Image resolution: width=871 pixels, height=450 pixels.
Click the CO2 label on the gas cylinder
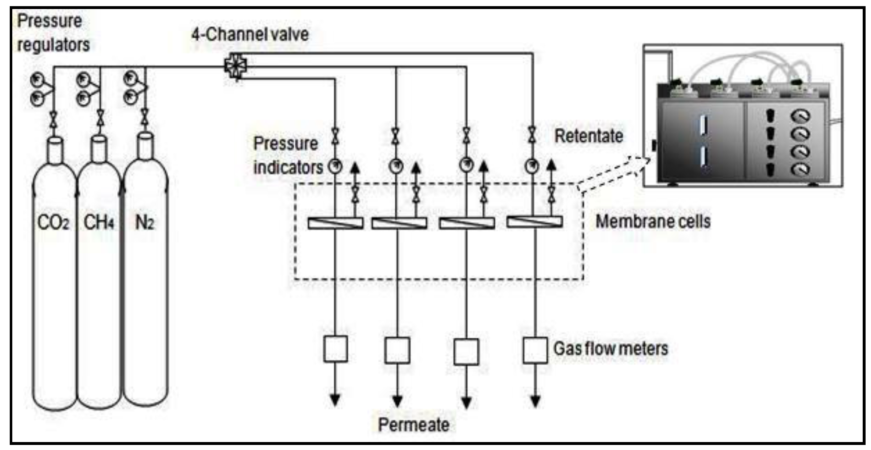click(53, 222)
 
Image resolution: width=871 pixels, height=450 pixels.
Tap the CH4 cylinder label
click(99, 222)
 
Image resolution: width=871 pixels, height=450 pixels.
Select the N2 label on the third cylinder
click(144, 222)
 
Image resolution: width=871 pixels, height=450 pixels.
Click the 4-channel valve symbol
click(235, 66)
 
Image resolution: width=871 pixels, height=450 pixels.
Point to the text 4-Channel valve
click(250, 34)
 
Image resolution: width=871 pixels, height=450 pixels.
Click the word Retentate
click(589, 136)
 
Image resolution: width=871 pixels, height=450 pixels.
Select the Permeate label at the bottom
click(413, 424)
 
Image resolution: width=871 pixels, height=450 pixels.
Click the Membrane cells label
click(653, 222)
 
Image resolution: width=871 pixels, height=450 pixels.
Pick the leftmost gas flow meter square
click(335, 349)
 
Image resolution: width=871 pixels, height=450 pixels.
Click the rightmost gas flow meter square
click(535, 350)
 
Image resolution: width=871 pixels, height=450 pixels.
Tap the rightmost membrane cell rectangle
click(534, 222)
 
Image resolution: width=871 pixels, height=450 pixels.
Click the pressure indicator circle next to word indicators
click(335, 167)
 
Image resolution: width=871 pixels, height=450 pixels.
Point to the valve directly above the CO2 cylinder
click(54, 119)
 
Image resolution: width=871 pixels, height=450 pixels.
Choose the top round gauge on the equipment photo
click(801, 116)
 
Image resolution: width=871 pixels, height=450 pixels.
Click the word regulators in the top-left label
click(53, 45)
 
